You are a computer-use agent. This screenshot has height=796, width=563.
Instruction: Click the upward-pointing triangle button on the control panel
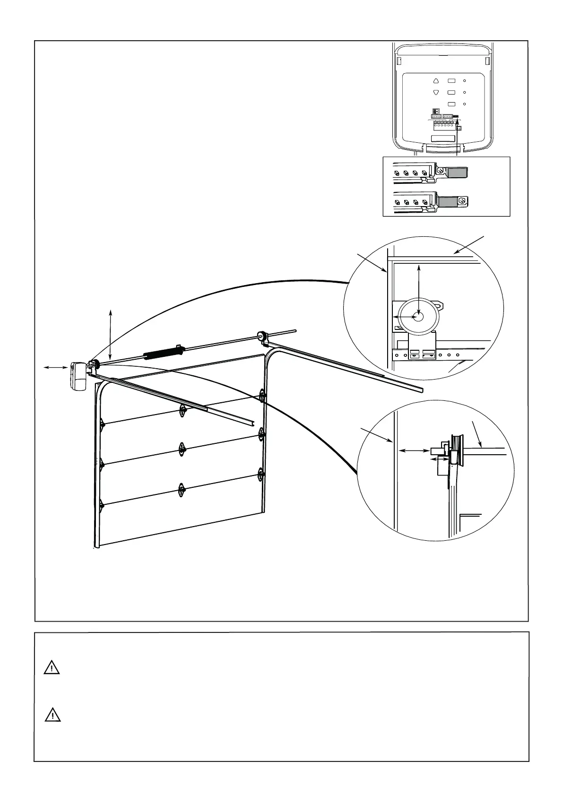click(436, 81)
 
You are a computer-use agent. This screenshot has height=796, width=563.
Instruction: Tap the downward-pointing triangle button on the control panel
click(436, 93)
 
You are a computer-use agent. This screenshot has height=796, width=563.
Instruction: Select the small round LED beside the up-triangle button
click(465, 81)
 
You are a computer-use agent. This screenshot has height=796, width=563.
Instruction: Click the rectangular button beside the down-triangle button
click(451, 93)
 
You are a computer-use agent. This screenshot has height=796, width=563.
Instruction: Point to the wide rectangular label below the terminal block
click(443, 139)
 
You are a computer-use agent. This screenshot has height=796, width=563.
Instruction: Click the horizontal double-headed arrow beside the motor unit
click(54, 367)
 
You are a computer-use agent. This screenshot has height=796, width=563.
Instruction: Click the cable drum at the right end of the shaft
click(261, 337)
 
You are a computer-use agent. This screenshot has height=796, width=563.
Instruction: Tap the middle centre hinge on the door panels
click(181, 449)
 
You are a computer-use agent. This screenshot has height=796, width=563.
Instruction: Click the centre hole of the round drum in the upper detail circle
click(418, 317)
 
